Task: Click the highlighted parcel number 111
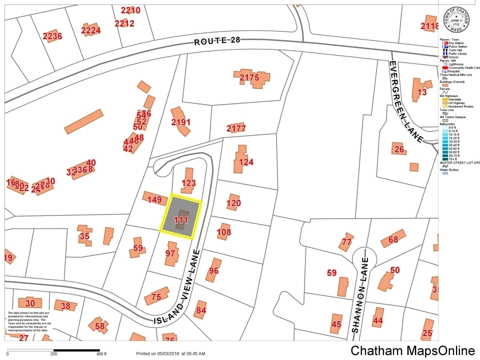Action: (x=180, y=219)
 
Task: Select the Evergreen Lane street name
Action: (x=406, y=101)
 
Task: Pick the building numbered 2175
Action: (x=249, y=77)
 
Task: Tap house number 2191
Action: (x=180, y=122)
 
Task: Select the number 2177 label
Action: (x=236, y=128)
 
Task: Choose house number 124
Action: (x=246, y=162)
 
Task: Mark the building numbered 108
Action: (x=224, y=232)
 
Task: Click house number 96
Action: (x=213, y=270)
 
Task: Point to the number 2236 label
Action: (x=52, y=36)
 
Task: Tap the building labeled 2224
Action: (x=90, y=30)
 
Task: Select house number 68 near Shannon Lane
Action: (x=393, y=239)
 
